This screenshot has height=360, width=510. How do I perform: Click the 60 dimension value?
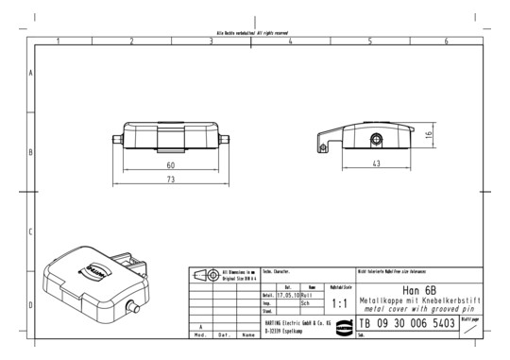[170, 166]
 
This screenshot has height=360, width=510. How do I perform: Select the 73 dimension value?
[170, 179]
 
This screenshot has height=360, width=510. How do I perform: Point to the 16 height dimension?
[428, 135]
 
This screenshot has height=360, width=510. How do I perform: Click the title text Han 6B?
[417, 290]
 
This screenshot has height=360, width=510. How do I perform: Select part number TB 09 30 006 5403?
[406, 323]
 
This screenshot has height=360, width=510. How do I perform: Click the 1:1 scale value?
[341, 304]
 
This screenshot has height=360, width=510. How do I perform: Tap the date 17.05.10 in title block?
[287, 295]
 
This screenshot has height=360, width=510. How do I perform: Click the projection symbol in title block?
[207, 275]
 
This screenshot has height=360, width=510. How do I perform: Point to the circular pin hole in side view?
[376, 140]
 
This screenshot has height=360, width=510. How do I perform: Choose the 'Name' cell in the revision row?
[247, 334]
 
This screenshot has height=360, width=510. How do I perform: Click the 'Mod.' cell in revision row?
[200, 334]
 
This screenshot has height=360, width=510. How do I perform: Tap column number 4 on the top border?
[289, 41]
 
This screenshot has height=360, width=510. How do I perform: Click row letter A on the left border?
[32, 73]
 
